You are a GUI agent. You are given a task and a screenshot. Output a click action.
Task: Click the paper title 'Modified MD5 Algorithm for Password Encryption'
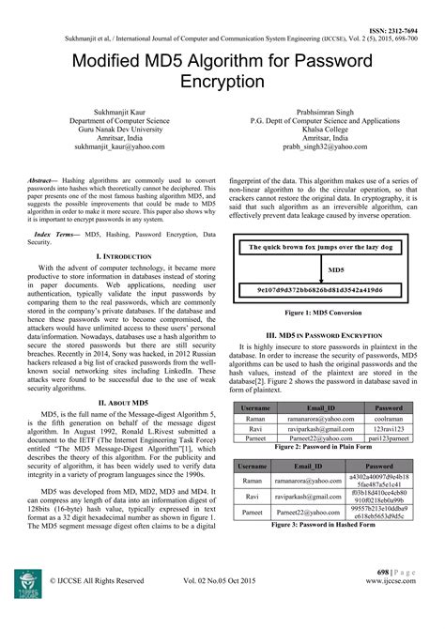(x=222, y=69)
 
